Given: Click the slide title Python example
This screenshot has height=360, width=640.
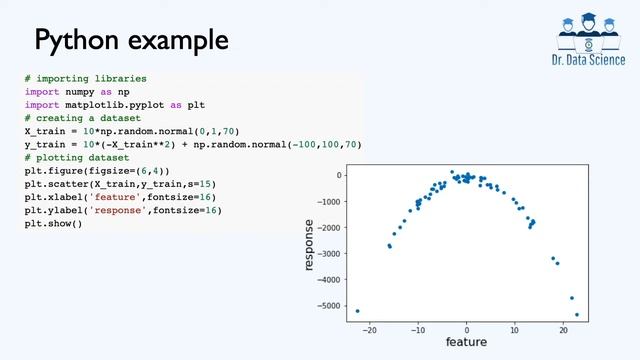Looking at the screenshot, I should coord(131,41).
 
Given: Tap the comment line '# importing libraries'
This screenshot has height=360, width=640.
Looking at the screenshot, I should coord(86,78).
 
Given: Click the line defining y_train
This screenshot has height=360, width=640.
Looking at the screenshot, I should coord(192,145).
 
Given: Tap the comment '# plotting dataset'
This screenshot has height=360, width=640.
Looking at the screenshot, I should coord(78,158).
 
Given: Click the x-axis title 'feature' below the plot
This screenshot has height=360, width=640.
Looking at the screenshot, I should coord(466,342).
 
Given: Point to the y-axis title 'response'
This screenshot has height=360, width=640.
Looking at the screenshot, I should coord(310,244).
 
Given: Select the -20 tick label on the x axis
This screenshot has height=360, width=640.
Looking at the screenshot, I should coord(370,328).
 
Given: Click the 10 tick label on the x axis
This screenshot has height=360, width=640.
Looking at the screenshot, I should coord(514,328).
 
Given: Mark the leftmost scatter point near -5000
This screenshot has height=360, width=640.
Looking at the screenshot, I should coord(358,311).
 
